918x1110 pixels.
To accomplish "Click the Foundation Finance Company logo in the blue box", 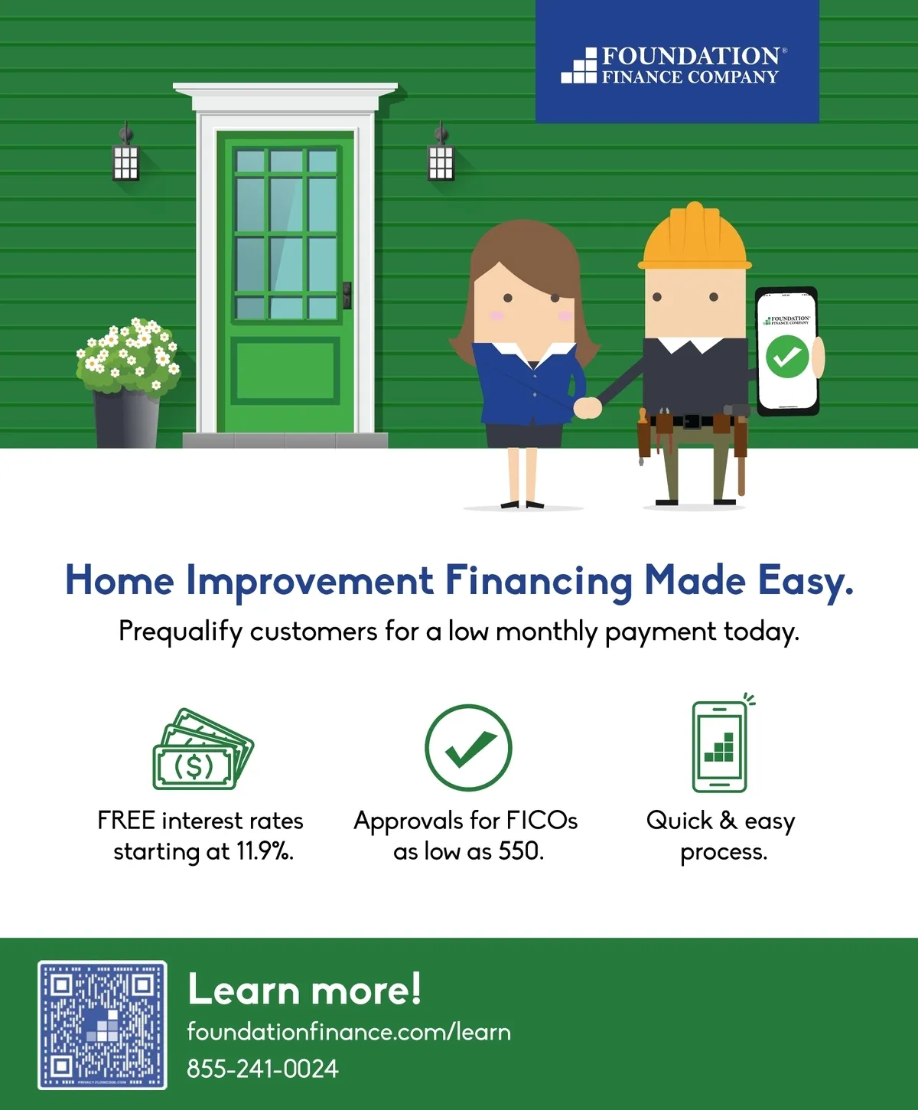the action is tap(674, 65).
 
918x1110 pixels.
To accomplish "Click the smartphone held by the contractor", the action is tap(786, 351).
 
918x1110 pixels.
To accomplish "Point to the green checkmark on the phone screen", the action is tap(786, 357).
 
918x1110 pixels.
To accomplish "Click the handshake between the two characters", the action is tap(587, 408).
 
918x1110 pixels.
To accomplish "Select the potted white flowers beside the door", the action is tap(128, 382).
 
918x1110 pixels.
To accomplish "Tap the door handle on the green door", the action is tap(347, 295).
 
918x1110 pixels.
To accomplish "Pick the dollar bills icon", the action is tap(203, 749).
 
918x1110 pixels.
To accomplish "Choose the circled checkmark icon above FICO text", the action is tap(468, 748).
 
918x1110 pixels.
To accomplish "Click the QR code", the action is tap(103, 1025).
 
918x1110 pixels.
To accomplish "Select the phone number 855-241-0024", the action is tap(262, 1069).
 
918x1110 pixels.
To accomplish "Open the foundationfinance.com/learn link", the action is tap(349, 1033).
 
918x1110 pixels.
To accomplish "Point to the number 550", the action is tap(521, 851).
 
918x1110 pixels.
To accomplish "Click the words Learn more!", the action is tap(304, 989).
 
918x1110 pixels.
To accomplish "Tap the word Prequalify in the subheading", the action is tap(181, 632).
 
